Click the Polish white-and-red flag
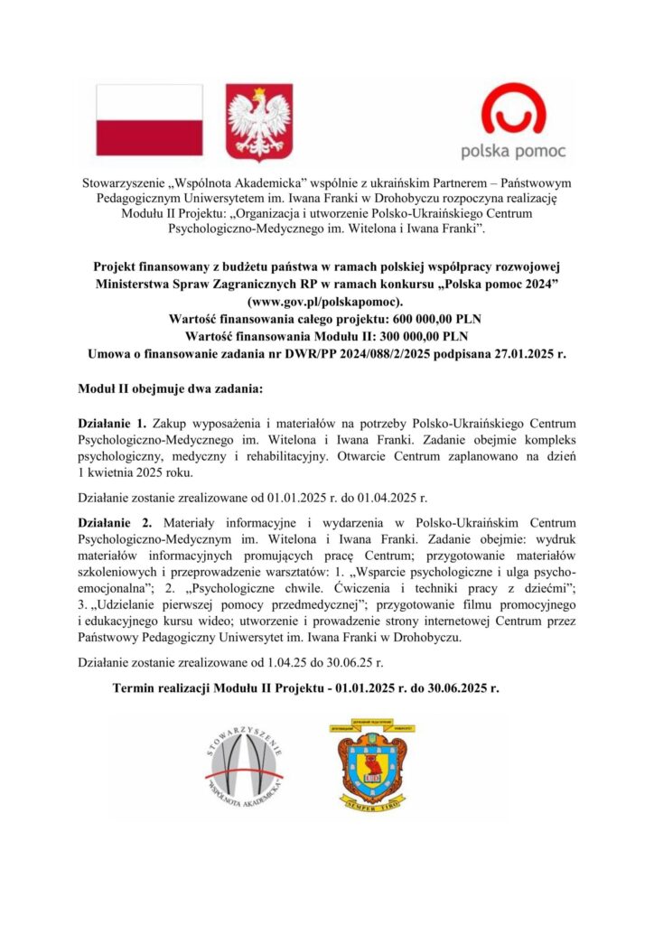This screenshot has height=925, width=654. [149, 119]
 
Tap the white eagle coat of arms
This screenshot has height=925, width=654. [257, 119]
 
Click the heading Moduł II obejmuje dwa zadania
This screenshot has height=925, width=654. [169, 389]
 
